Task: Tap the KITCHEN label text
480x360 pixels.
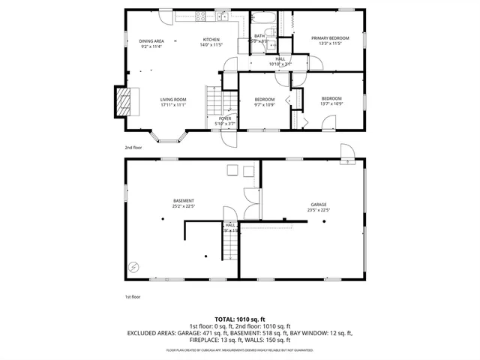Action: pos(210,40)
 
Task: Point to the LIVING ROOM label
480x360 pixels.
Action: pos(172,99)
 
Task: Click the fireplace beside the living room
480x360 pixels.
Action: pos(124,101)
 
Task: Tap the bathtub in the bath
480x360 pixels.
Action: pos(263,17)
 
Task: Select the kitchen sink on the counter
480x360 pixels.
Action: pos(223,15)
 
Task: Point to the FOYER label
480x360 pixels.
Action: pos(225,118)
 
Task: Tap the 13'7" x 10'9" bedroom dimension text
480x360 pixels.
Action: pos(331,103)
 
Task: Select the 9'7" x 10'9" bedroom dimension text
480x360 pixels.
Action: pos(264,105)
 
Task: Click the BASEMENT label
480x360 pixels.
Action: pos(184,200)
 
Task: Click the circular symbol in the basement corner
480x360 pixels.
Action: pos(134,266)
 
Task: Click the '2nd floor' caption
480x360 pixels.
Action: pos(132,148)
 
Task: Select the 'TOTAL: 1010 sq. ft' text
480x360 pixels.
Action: pos(240,319)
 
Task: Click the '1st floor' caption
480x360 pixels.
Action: pos(132,297)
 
